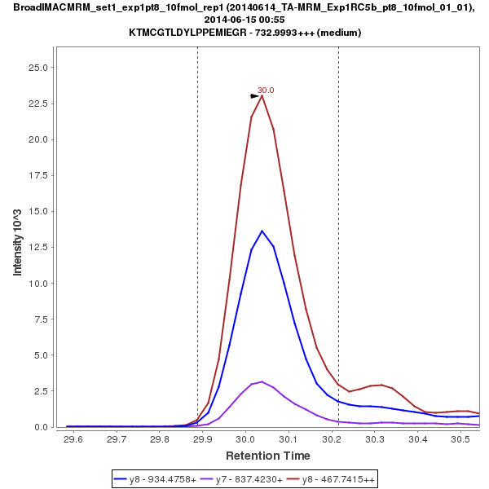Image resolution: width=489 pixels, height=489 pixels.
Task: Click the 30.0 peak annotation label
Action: (266, 90)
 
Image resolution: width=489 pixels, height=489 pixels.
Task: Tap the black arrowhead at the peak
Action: (254, 96)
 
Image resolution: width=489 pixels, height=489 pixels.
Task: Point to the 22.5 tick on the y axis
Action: (39, 104)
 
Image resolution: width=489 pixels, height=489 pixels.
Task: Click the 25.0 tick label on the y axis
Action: (39, 68)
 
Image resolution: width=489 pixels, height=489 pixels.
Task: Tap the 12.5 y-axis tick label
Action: (39, 247)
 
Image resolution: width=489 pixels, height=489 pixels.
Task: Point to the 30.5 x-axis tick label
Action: (461, 439)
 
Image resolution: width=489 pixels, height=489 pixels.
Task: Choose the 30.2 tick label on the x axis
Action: (332, 439)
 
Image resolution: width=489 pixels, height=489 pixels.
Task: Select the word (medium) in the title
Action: (341, 33)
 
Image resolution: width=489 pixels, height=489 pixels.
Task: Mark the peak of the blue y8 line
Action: (262, 231)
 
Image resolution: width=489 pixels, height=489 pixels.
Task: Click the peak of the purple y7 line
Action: (262, 381)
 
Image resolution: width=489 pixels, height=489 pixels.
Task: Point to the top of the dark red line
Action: (262, 95)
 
